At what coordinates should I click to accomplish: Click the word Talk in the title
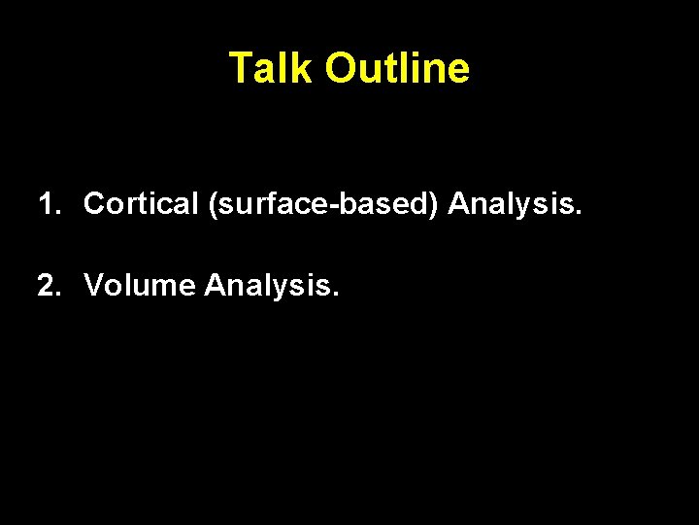click(x=272, y=69)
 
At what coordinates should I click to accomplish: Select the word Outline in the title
click(x=397, y=69)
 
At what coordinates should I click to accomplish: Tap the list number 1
click(x=46, y=204)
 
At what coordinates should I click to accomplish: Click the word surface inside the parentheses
click(x=250, y=205)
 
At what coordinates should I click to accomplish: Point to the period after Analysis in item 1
click(x=580, y=212)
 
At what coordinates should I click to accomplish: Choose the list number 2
click(x=46, y=286)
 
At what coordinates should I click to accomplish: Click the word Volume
click(x=140, y=286)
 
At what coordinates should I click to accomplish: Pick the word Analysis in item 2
click(x=269, y=287)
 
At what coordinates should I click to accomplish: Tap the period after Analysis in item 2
click(x=337, y=294)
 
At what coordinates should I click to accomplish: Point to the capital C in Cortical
click(x=94, y=204)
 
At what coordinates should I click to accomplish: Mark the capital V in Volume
click(x=93, y=286)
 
